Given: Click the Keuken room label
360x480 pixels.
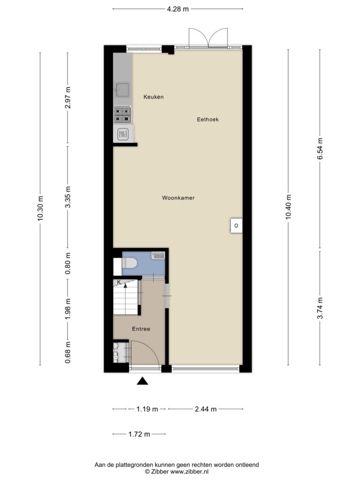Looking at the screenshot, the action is click(x=153, y=97).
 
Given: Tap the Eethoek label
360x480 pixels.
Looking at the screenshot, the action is click(x=208, y=120).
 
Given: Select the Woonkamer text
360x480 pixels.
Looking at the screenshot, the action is click(x=178, y=198).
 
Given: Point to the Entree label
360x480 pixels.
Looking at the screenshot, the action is click(x=141, y=329).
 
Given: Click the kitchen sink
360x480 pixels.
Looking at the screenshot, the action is click(x=122, y=90).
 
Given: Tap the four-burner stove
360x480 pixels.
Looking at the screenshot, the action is click(x=122, y=115).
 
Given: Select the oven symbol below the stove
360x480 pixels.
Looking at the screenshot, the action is click(x=123, y=134).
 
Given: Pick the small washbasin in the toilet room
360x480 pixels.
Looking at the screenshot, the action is click(x=158, y=255).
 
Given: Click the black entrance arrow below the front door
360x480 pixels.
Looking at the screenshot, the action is click(x=142, y=381).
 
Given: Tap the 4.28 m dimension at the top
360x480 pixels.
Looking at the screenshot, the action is click(x=178, y=9).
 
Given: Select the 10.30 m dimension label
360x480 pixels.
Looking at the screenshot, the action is click(x=40, y=209).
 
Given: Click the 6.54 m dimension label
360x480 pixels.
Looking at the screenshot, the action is click(x=320, y=149).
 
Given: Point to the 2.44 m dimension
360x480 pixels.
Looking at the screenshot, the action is click(x=206, y=409).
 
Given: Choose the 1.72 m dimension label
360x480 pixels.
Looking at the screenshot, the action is click(x=139, y=434).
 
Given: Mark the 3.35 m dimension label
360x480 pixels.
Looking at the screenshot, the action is click(x=67, y=197).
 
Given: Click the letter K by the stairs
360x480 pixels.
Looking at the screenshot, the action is click(x=119, y=282).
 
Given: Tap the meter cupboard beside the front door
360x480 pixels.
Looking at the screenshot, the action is click(x=121, y=353).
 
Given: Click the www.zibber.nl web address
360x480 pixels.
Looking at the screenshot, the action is click(x=189, y=472).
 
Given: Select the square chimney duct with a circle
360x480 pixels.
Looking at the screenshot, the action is click(x=236, y=225).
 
